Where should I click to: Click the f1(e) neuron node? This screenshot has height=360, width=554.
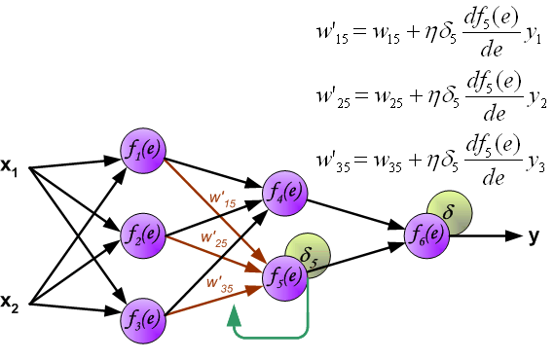[x=142, y=149]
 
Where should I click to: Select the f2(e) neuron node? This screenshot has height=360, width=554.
[x=142, y=234]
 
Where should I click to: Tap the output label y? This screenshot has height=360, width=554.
[x=535, y=234]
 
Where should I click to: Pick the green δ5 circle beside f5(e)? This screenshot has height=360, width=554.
[x=308, y=256]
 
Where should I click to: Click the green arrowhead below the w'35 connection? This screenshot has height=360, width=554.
[x=233, y=315]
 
